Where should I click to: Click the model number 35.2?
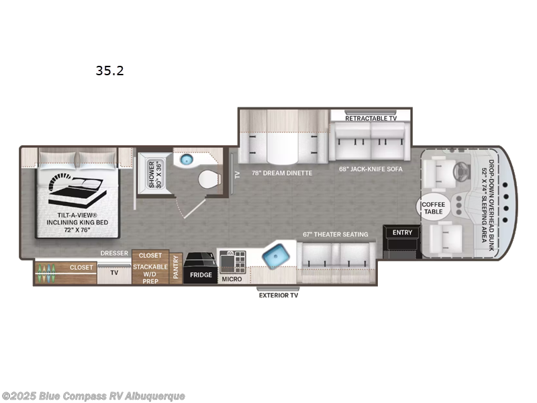(109, 70)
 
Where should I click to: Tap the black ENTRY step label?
(403, 232)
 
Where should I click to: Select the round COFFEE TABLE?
(433, 208)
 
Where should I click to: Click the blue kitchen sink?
(275, 256)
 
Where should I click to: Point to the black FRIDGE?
(201, 267)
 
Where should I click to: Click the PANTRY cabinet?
(176, 268)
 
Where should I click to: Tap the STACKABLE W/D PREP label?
(150, 272)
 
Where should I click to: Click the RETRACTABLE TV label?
(371, 118)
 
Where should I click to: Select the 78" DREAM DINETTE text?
(282, 173)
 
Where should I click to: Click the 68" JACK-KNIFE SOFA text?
(371, 169)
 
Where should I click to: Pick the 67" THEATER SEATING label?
(336, 234)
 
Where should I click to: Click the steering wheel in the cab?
(462, 170)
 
